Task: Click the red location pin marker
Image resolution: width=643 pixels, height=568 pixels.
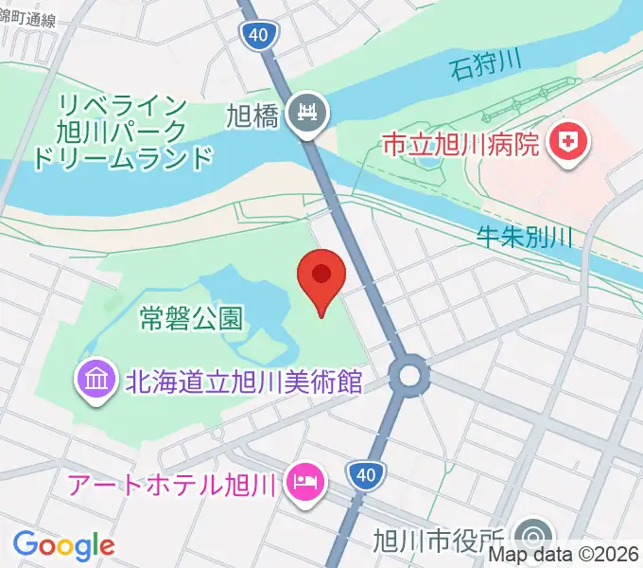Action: (321, 277)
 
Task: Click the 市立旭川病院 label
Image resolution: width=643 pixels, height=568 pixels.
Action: (461, 146)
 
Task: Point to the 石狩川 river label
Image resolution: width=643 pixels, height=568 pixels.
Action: (486, 68)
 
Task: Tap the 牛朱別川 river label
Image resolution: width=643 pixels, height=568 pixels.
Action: (525, 240)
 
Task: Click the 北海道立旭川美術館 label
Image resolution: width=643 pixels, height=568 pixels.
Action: (244, 382)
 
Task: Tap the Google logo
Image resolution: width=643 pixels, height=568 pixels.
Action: (63, 544)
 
